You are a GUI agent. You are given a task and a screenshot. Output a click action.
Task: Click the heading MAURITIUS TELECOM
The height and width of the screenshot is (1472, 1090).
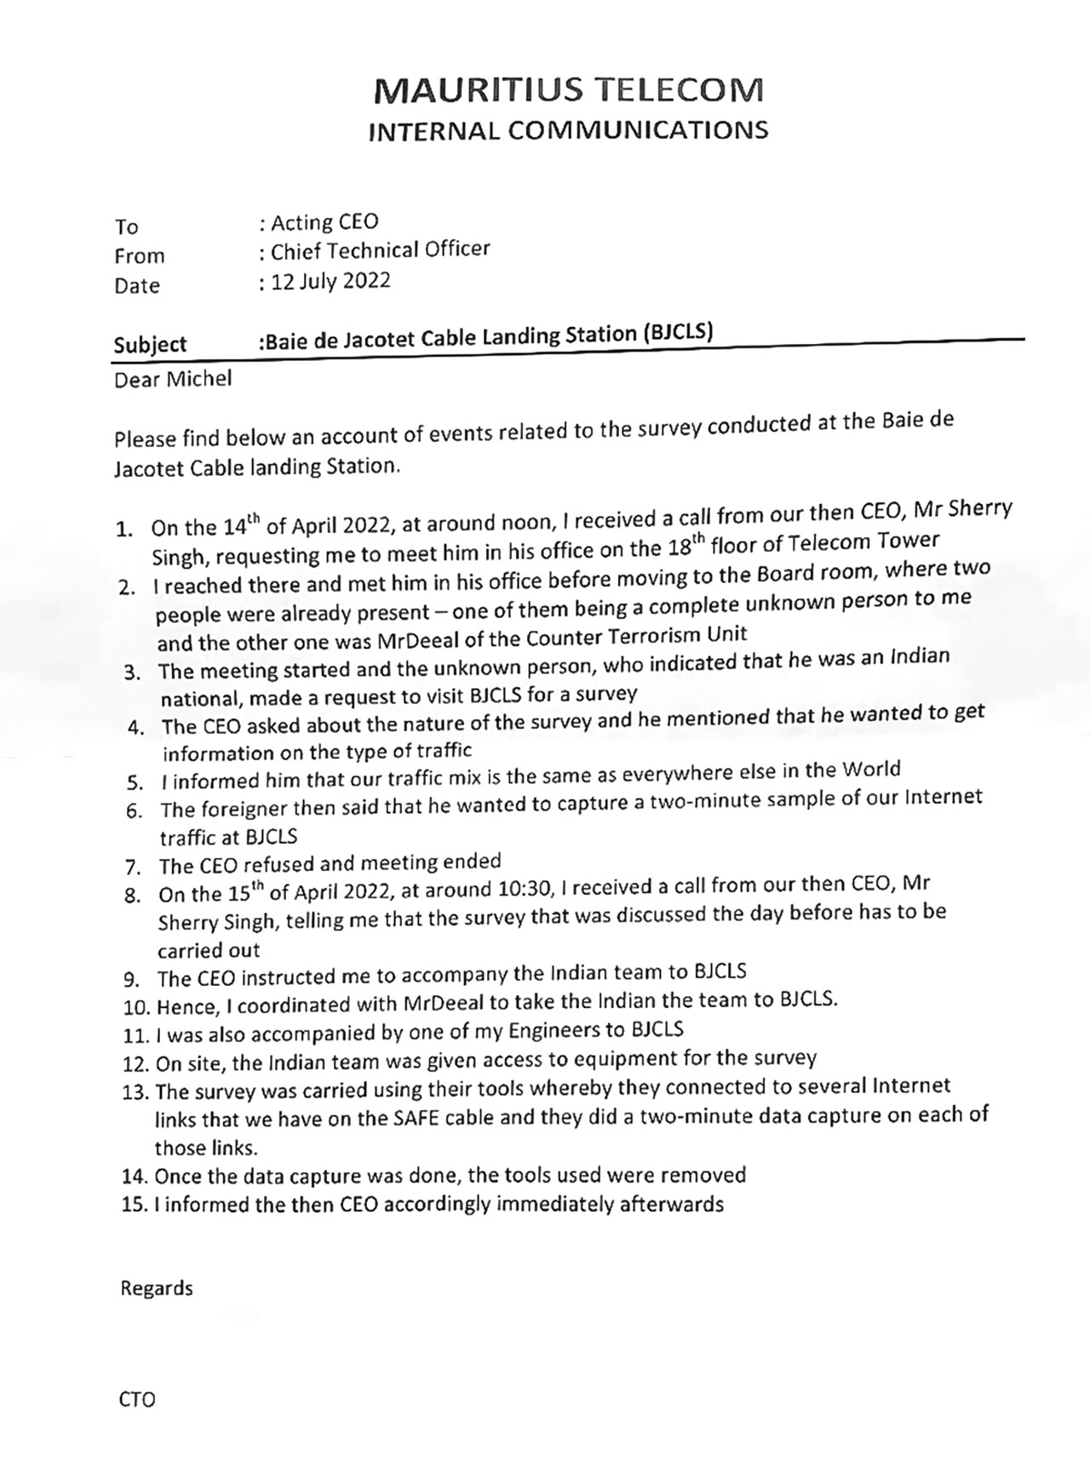pos(568,89)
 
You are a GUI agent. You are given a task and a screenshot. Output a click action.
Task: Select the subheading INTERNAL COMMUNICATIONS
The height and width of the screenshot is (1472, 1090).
pos(568,130)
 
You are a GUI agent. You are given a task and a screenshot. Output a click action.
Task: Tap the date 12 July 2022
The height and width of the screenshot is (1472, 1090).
pos(330,281)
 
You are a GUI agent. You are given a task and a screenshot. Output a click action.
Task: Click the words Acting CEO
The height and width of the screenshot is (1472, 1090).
pos(324,222)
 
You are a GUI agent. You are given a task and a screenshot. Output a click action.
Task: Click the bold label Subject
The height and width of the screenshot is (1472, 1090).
pos(150,345)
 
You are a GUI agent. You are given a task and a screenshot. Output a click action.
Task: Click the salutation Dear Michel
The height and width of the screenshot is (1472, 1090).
pos(173,379)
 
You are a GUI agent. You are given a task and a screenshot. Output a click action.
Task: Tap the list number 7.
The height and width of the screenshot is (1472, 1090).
pos(132,868)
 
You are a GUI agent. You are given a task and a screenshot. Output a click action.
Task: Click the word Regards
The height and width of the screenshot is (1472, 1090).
pos(157,1288)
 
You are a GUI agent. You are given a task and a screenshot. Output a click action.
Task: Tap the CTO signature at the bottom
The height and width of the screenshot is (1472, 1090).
pos(138,1400)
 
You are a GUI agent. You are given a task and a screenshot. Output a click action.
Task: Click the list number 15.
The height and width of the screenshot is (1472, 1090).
pos(135,1206)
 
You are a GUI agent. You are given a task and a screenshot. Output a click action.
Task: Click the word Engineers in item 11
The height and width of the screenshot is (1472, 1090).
pos(554,1031)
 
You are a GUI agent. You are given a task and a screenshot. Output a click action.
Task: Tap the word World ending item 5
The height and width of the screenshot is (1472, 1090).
pos(871,770)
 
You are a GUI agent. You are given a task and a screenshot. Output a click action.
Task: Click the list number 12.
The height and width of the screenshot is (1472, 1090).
pos(135,1063)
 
